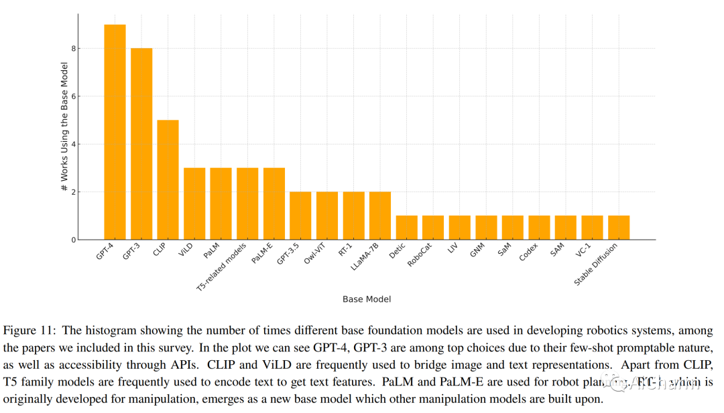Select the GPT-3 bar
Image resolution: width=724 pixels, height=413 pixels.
141,144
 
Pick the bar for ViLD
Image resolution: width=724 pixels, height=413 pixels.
194,203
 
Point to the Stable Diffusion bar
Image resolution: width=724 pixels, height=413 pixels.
619,228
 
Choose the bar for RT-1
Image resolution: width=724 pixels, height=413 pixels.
353,216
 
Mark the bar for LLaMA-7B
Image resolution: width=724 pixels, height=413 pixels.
380,216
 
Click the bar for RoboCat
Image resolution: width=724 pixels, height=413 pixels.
433,228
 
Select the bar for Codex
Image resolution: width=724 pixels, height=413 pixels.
539,228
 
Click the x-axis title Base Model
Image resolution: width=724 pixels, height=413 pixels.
367,299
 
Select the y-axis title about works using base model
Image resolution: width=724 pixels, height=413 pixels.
64,127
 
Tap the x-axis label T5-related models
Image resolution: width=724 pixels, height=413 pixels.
221,266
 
